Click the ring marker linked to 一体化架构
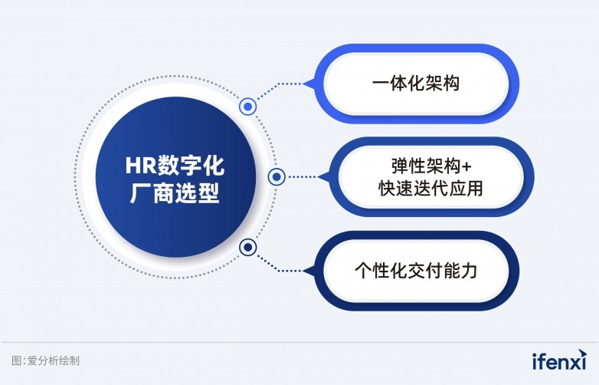[x=247, y=107]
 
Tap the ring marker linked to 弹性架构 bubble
[x=277, y=178]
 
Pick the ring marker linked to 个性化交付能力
[x=247, y=248]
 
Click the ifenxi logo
[x=558, y=360]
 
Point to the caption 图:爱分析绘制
[x=46, y=360]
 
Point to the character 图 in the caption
[x=17, y=360]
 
